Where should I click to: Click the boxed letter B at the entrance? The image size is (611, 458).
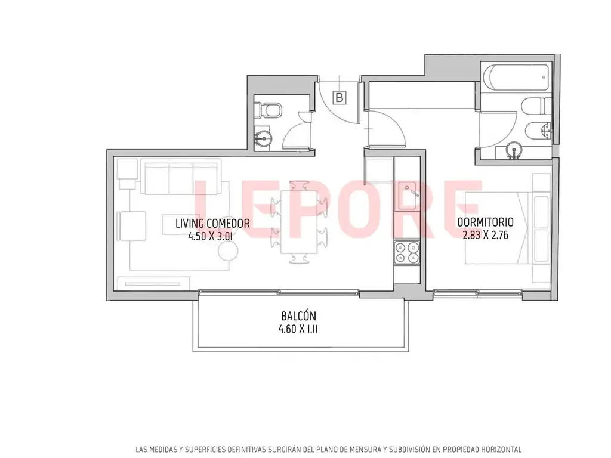point(340,97)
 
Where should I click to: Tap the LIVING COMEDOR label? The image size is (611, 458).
point(212,224)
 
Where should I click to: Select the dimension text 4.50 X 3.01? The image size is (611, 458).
point(211,236)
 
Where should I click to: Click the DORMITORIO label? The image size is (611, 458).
point(485,222)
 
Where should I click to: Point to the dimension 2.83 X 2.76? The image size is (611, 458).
point(485,235)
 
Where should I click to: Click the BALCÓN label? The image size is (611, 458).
point(298,316)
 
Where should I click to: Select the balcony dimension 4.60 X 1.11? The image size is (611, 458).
point(298,329)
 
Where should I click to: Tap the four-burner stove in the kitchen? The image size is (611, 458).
point(407,252)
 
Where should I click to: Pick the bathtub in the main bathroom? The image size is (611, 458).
point(516,77)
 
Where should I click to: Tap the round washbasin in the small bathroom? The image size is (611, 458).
point(264,138)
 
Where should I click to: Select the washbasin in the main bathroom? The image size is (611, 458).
point(514,150)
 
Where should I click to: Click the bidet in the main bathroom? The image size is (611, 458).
point(538,131)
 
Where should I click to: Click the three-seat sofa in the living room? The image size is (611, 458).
point(181,177)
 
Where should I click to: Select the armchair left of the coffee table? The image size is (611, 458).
point(132,226)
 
